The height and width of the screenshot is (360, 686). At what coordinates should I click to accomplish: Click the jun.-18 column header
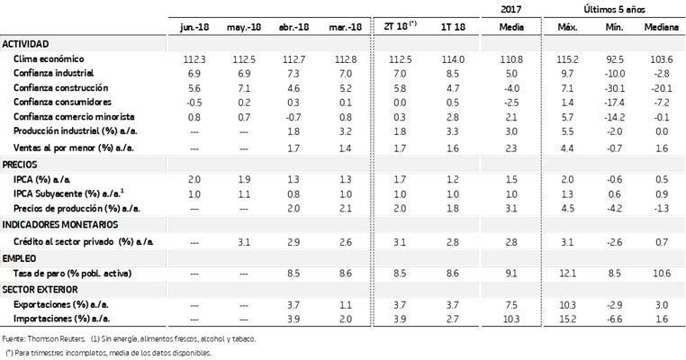pos(194,27)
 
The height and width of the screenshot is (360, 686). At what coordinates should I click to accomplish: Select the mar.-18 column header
pos(345,27)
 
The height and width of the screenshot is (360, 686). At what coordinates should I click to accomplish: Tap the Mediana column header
pos(661,27)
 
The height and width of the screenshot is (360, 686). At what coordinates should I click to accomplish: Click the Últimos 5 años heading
pos(614,9)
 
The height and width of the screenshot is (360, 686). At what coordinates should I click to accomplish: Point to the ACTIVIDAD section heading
pos(25,44)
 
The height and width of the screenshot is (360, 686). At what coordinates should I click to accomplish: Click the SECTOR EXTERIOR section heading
pos(41,290)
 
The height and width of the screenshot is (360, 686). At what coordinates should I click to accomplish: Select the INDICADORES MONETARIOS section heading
pos(60,225)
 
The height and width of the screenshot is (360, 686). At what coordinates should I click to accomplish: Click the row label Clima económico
pos(49,59)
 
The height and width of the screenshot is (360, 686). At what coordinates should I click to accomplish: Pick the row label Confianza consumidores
pos(62,103)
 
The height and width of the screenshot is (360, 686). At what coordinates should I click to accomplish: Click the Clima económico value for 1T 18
pos(453,59)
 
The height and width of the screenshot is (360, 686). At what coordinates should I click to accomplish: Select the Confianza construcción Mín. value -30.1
pos(614,88)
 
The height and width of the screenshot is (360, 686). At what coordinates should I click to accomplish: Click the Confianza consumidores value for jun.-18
pos(194,103)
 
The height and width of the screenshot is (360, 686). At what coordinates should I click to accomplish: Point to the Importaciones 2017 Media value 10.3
pos(511,319)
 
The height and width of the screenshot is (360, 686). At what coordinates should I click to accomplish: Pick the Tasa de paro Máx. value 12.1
pos(567,274)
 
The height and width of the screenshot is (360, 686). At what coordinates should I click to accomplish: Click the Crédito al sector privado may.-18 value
pos(244,242)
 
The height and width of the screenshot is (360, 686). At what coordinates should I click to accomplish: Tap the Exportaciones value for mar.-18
pos(346,305)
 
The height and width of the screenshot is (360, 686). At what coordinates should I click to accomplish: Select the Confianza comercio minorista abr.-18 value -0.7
pos(293,117)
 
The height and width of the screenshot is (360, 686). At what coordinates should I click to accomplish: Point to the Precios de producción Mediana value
pos(661,209)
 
